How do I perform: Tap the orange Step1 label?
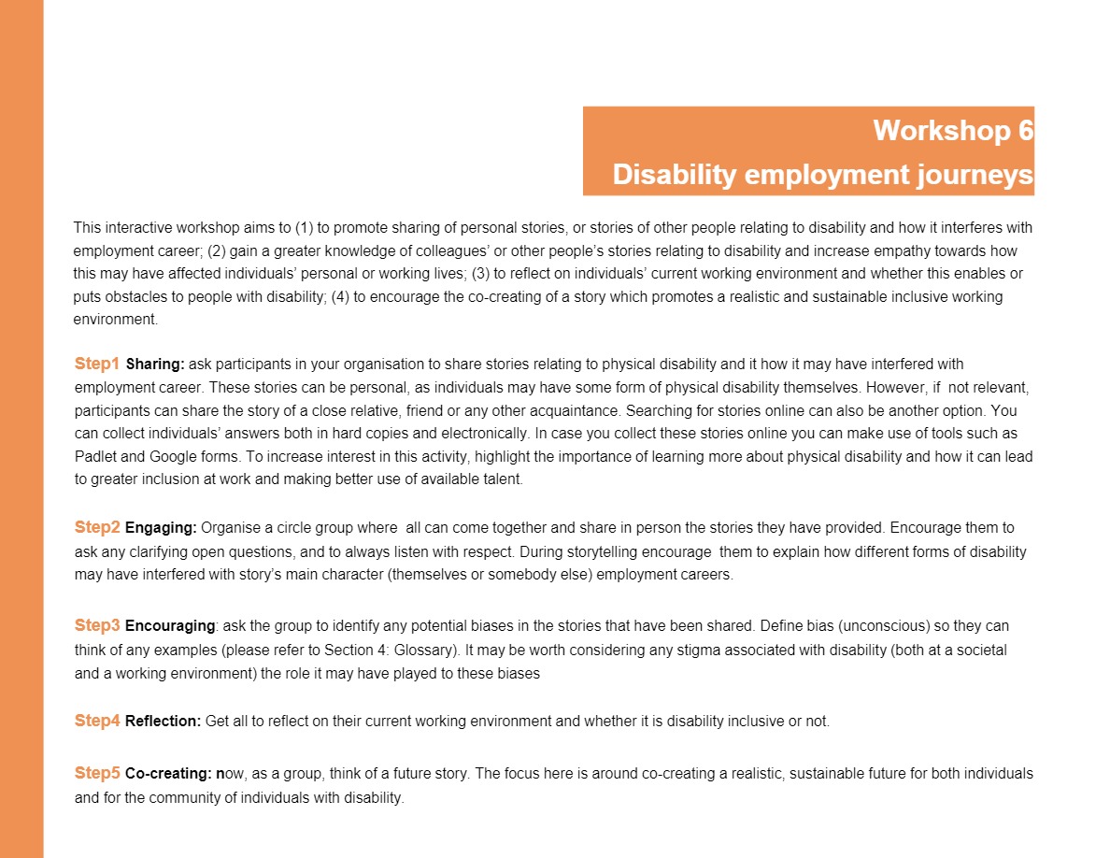coord(97,363)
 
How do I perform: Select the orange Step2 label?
coord(97,527)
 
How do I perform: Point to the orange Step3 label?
coord(97,624)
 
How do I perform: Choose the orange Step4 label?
coord(97,721)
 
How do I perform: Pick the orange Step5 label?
coord(97,773)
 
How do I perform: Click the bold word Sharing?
coord(155,364)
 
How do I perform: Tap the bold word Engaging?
coord(161,528)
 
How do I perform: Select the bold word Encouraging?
coord(170,625)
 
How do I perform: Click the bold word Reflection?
coord(163,722)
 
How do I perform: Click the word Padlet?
coord(94,456)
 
